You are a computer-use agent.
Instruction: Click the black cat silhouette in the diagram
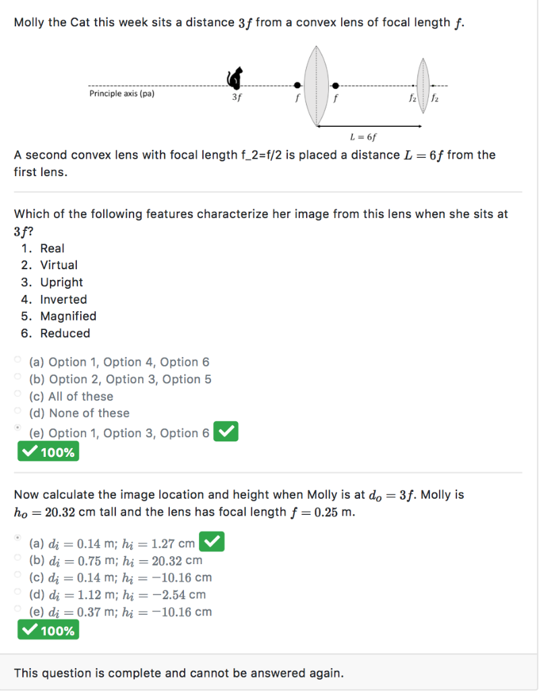[x=235, y=78]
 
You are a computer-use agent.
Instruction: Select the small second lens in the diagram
[x=424, y=85]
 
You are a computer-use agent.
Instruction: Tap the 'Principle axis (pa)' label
[x=122, y=94]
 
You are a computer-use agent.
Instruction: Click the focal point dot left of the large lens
[x=297, y=86]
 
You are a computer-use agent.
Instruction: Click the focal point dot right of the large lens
[x=335, y=86]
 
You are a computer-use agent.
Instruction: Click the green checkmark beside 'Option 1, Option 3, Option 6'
[x=225, y=432]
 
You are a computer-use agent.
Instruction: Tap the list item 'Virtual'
[x=59, y=265]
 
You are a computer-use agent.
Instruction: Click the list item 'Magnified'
[x=68, y=316]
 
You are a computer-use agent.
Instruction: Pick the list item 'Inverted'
[x=63, y=299]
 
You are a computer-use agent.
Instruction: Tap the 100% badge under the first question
[x=48, y=452]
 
